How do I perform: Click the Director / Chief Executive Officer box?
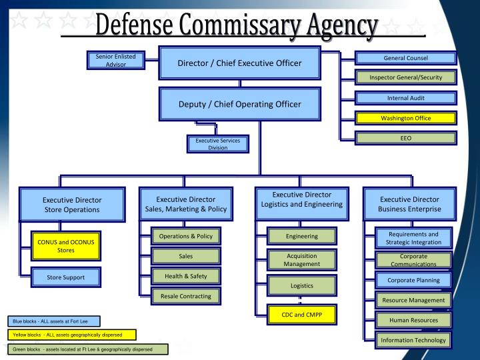pyautogui.click(x=239, y=63)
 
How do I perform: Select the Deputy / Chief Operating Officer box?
pyautogui.click(x=239, y=104)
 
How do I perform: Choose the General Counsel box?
pyautogui.click(x=405, y=58)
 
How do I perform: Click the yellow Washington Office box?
pyautogui.click(x=405, y=118)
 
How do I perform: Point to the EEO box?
pyautogui.click(x=405, y=138)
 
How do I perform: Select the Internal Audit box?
pyautogui.click(x=405, y=98)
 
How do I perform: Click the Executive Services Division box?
pyautogui.click(x=217, y=144)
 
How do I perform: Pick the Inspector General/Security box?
pyautogui.click(x=405, y=77)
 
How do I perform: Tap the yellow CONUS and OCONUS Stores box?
pyautogui.click(x=65, y=247)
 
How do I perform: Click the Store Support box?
pyautogui.click(x=65, y=277)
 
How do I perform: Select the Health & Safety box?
pyautogui.click(x=186, y=275)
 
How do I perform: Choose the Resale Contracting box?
pyautogui.click(x=186, y=295)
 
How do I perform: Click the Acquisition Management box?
pyautogui.click(x=301, y=260)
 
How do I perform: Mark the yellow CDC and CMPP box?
pyautogui.click(x=301, y=315)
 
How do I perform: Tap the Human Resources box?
pyautogui.click(x=413, y=320)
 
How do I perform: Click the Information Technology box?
pyautogui.click(x=413, y=340)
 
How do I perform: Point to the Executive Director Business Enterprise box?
pyautogui.click(x=409, y=204)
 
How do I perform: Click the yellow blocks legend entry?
pyautogui.click(x=71, y=335)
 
